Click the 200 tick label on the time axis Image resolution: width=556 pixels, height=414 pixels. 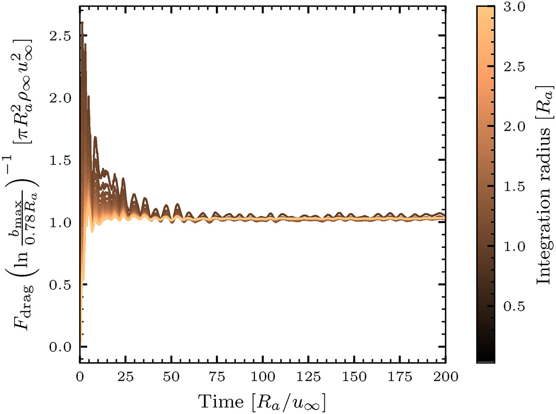[x=445, y=376]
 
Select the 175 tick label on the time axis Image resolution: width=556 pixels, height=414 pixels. [x=399, y=376]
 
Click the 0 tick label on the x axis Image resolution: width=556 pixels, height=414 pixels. [x=80, y=376]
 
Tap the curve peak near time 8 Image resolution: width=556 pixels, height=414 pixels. [x=95, y=137]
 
